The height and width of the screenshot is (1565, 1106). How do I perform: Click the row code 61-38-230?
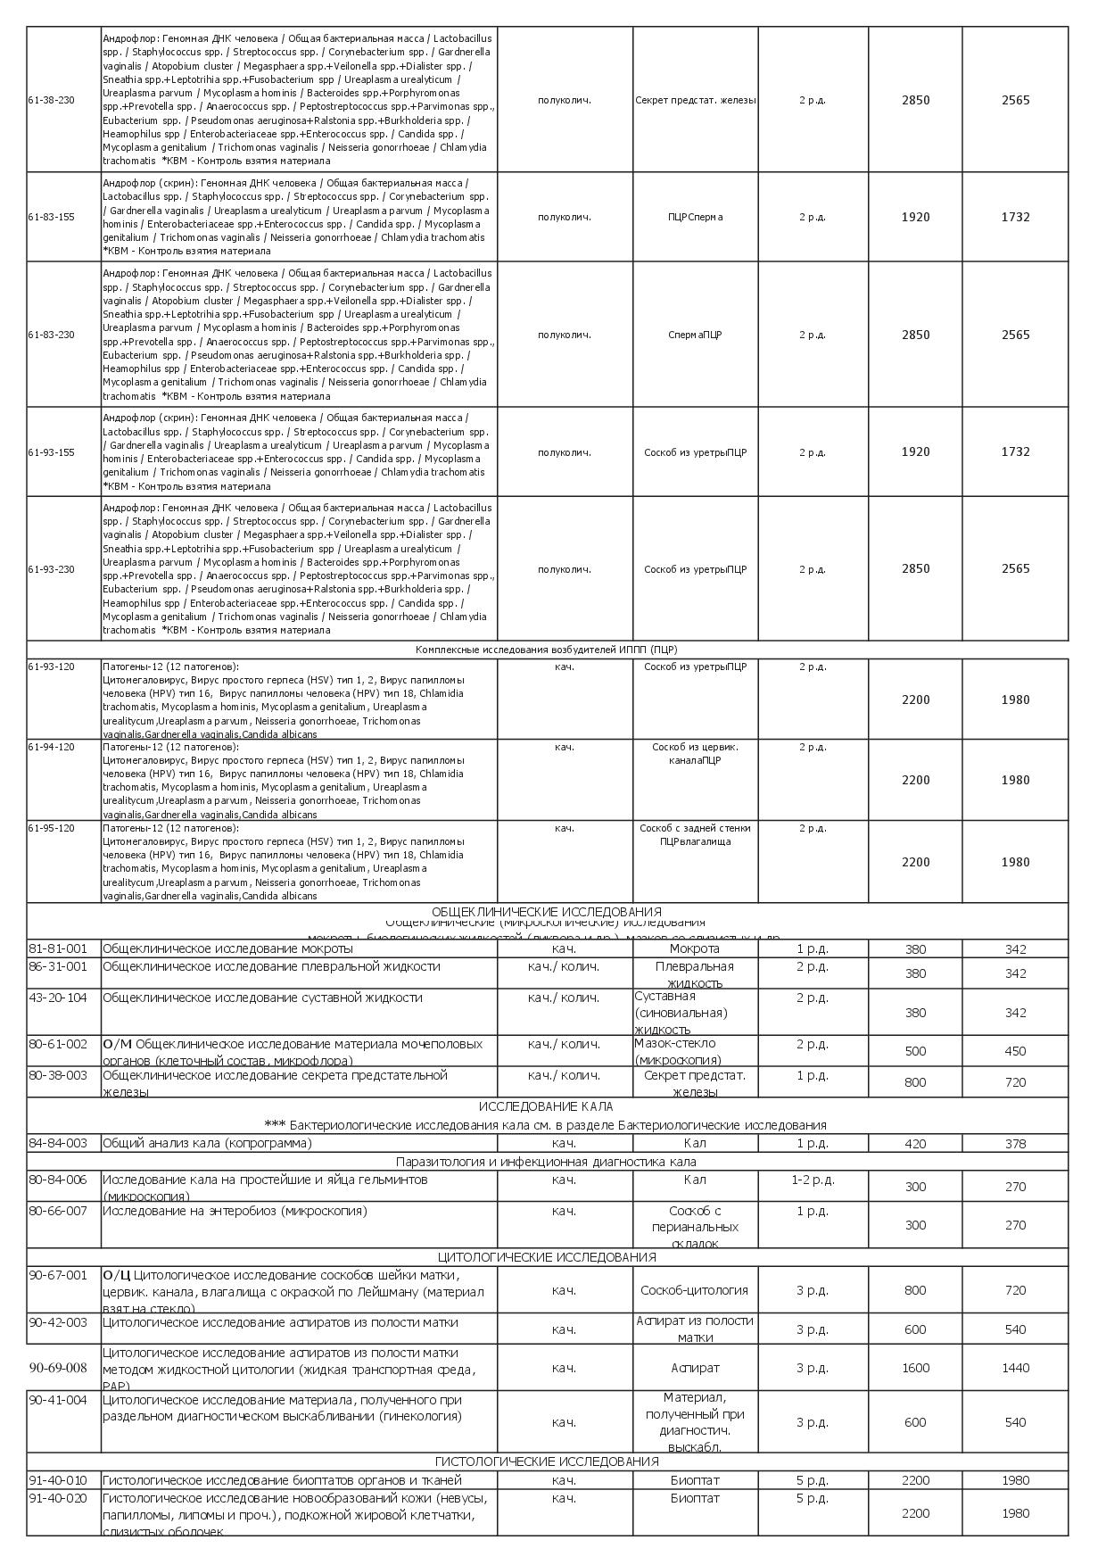pos(52,100)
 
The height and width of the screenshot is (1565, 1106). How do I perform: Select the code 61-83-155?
pos(52,217)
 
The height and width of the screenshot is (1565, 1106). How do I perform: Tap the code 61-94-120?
pos(52,747)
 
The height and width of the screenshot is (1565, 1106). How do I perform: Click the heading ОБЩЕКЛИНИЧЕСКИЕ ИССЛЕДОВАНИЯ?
pos(547,912)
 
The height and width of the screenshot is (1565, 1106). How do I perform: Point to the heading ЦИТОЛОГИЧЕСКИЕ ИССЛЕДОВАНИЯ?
pos(547,1257)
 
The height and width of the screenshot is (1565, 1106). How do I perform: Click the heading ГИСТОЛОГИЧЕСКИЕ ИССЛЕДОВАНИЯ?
pos(547,1461)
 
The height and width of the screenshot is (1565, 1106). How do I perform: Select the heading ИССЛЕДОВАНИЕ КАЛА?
pos(547,1106)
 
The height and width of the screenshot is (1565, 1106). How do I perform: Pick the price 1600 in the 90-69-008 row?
pos(915,1368)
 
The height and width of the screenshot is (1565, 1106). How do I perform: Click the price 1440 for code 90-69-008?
pos(1015,1368)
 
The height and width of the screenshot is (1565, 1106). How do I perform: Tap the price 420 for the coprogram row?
pos(915,1144)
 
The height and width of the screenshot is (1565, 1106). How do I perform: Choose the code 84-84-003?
pos(58,1143)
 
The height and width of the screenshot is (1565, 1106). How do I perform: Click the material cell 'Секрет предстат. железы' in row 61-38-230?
pos(695,100)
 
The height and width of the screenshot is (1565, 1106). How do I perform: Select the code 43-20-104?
pos(58,998)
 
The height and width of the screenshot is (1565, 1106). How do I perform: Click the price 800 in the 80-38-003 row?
pos(915,1082)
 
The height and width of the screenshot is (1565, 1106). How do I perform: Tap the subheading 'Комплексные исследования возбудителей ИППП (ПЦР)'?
pos(546,650)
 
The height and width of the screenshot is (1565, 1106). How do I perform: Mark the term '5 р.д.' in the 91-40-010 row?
pos(812,1480)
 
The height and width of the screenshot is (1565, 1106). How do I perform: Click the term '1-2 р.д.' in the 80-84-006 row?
pos(813,1180)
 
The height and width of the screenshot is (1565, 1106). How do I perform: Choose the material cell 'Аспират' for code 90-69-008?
pos(695,1368)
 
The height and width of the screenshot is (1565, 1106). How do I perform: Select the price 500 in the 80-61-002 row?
pos(915,1051)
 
